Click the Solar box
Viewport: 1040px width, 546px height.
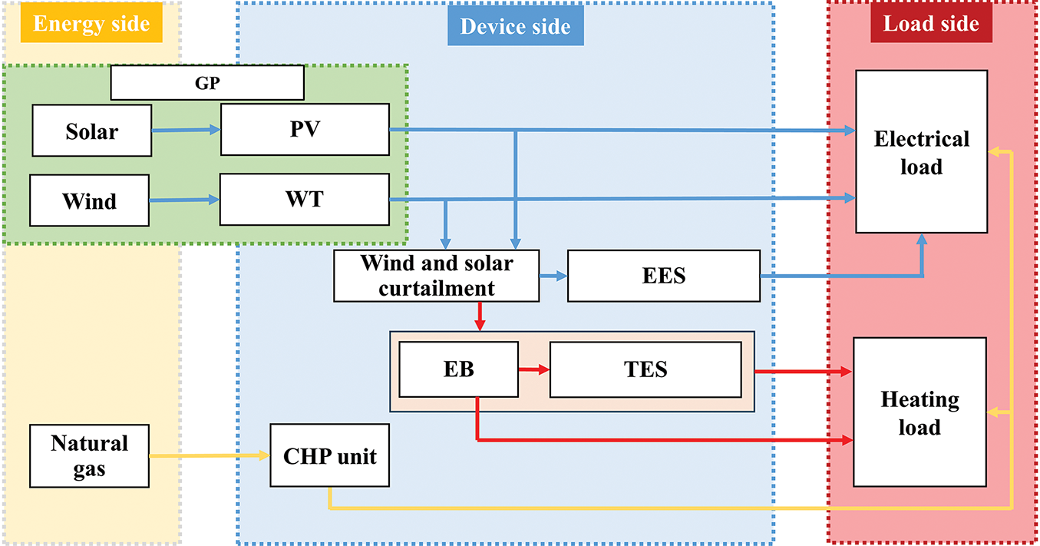pos(91,131)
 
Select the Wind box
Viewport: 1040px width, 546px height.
pos(89,200)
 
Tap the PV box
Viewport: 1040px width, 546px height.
pos(305,130)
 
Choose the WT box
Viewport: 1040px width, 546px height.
pos(304,200)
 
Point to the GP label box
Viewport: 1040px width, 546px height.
pos(207,83)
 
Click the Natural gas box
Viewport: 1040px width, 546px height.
pos(89,456)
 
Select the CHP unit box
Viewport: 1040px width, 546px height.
pos(329,455)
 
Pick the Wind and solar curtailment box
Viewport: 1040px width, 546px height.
pos(436,276)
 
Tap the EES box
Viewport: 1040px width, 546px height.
pos(663,276)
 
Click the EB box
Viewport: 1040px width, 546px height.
pos(457,369)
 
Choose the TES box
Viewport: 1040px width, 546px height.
pos(645,369)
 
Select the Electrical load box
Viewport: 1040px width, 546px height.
pos(921,151)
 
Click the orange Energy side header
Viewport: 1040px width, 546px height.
pos(91,24)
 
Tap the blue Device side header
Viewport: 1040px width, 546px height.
pos(515,26)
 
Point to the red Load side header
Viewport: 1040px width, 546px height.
pos(931,24)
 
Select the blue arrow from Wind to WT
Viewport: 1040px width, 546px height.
pos(184,200)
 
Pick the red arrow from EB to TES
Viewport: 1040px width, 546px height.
pos(533,369)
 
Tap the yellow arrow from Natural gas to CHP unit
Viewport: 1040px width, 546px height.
pos(210,456)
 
